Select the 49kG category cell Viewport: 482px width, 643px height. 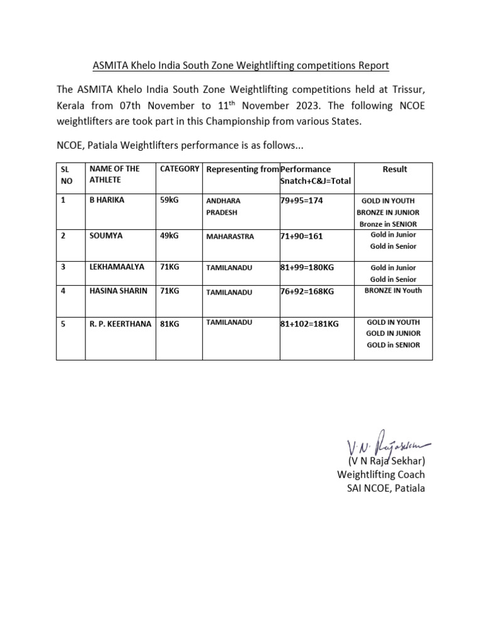pyautogui.click(x=170, y=235)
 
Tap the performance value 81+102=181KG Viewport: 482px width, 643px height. pyautogui.click(x=309, y=323)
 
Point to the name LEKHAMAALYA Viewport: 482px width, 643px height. pyautogui.click(x=117, y=267)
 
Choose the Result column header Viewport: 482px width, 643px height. pyautogui.click(x=395, y=169)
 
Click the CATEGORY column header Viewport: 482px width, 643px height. pyautogui.click(x=179, y=169)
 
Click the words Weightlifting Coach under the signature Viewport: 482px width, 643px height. pyautogui.click(x=381, y=474)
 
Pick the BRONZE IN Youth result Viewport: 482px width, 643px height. pyautogui.click(x=393, y=291)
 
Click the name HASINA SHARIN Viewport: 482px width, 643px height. pyautogui.click(x=119, y=291)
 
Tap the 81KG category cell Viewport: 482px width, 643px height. pyautogui.click(x=170, y=323)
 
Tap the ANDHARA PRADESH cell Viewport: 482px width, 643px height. pyautogui.click(x=224, y=207)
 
